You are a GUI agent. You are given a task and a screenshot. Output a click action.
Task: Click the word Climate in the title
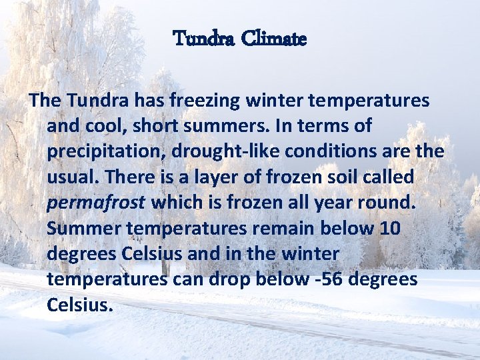(x=274, y=39)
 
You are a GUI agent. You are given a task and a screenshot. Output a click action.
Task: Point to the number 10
(x=389, y=228)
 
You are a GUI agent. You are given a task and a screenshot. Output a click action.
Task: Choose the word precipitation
(x=106, y=151)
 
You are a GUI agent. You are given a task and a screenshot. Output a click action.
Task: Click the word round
(x=388, y=203)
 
